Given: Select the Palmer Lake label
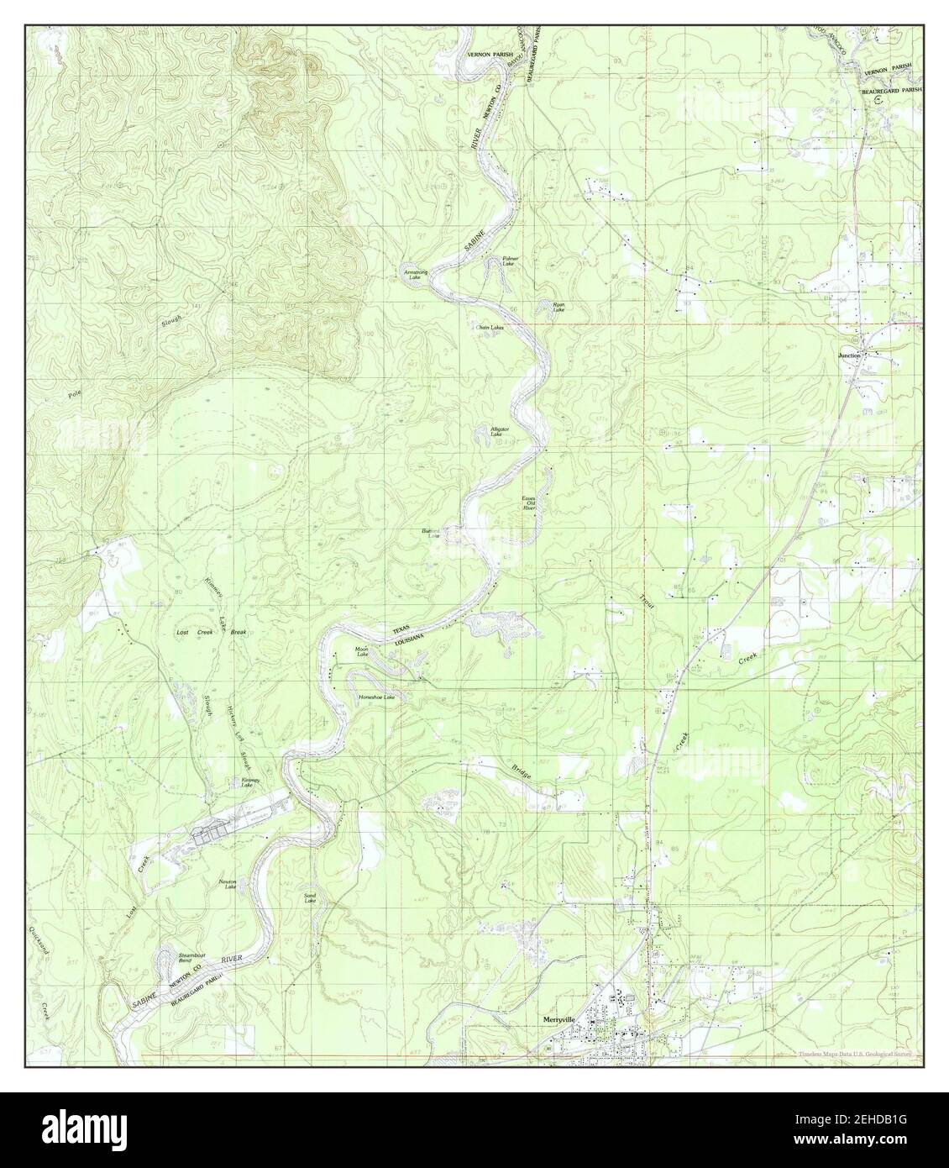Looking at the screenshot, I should click(509, 261).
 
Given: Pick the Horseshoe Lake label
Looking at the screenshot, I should click(376, 697).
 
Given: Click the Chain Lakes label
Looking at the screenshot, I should click(490, 327).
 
